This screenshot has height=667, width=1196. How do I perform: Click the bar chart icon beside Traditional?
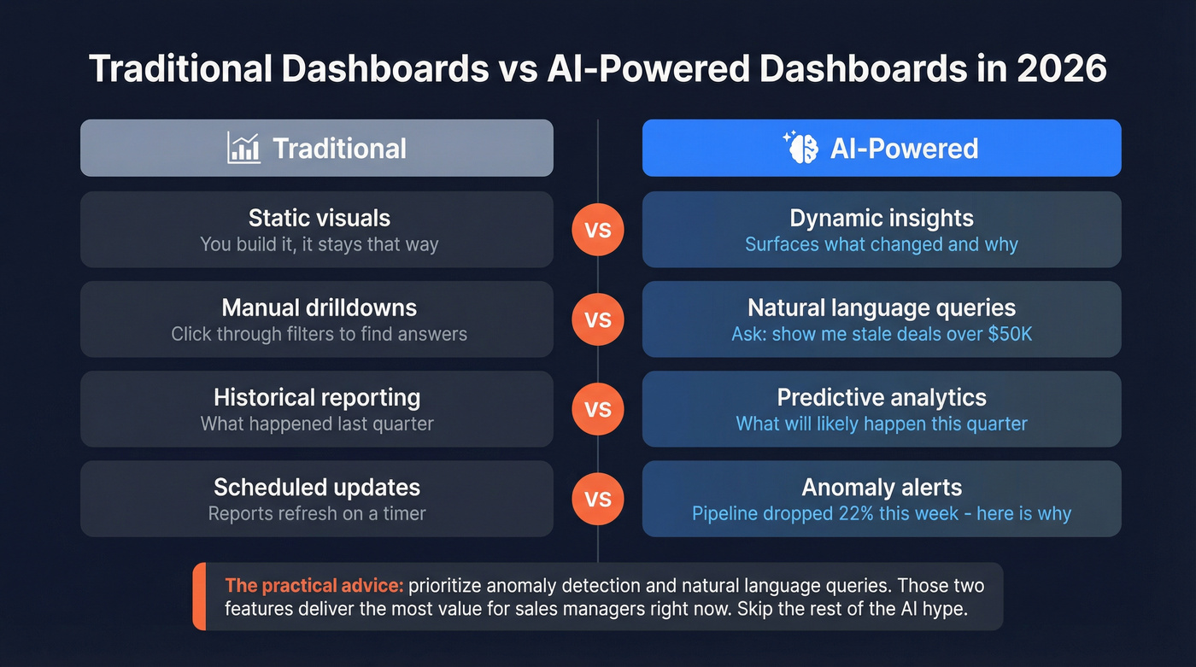[x=243, y=148]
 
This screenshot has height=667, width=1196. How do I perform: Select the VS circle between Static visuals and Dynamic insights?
[x=598, y=230]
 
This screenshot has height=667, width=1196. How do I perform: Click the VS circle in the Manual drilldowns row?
[x=598, y=319]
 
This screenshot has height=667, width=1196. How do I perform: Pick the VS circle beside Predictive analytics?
[x=598, y=409]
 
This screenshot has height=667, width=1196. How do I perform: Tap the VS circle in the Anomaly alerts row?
[x=598, y=499]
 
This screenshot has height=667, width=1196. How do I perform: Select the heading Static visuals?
[x=319, y=218]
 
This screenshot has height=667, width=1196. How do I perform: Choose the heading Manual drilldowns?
[x=319, y=307]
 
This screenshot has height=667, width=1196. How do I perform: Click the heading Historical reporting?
[x=317, y=397]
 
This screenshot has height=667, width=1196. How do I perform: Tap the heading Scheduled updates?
[x=317, y=487]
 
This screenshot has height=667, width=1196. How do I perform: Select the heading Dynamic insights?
[x=882, y=218]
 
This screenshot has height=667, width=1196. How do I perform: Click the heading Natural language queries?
[x=882, y=307]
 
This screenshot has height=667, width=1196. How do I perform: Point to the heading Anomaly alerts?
[x=882, y=487]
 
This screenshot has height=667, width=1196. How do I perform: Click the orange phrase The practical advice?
[x=314, y=586]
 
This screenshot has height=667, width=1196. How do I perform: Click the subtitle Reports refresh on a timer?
[x=317, y=513]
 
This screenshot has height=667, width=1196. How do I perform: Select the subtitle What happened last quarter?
[x=317, y=424]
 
